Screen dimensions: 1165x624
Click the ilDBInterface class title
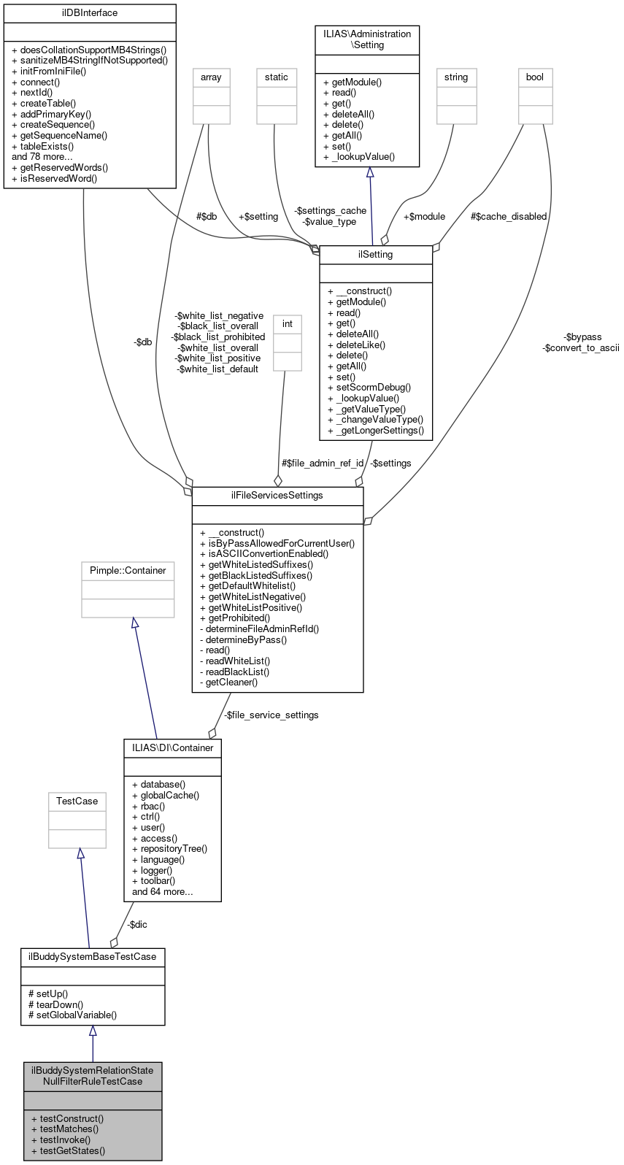point(90,13)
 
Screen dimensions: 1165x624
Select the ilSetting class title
point(376,255)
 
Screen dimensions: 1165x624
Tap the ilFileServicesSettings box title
point(277,496)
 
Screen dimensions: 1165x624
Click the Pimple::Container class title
point(128,571)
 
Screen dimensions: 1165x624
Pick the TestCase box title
point(77,801)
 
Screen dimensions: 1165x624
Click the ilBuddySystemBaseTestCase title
point(93,956)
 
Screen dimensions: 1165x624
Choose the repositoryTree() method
point(174,849)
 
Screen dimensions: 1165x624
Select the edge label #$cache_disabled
point(509,217)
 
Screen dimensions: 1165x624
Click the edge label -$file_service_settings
point(271,715)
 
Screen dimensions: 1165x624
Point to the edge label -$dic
point(137,925)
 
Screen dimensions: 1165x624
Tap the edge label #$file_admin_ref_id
point(323,464)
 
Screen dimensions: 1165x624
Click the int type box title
point(288,324)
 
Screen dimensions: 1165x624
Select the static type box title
point(277,77)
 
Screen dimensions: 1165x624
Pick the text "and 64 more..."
point(162,892)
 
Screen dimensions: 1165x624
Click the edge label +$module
point(424,217)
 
